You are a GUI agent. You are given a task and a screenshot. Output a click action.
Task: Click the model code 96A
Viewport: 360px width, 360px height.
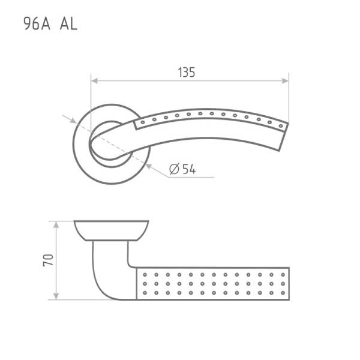(37, 23)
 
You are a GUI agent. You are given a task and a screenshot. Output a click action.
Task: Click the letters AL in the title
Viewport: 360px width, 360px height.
(68, 23)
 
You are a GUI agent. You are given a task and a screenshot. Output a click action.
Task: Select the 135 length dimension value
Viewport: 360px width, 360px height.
(187, 72)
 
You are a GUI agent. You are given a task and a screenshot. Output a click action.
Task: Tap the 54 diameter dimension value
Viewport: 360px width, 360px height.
(189, 169)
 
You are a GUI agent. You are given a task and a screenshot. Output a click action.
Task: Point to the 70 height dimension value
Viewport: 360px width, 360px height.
(48, 260)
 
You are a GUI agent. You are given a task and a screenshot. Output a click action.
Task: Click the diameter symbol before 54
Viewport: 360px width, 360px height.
(174, 169)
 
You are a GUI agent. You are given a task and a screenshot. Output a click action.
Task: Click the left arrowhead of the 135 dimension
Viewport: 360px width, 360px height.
(95, 81)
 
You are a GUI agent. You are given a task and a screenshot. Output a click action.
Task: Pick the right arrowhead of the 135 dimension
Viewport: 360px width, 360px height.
(285, 81)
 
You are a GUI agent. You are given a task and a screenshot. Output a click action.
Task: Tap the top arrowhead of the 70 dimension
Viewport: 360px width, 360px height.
(56, 225)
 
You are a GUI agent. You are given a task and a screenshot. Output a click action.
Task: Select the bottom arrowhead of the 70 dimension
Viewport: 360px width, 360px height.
(56, 296)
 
